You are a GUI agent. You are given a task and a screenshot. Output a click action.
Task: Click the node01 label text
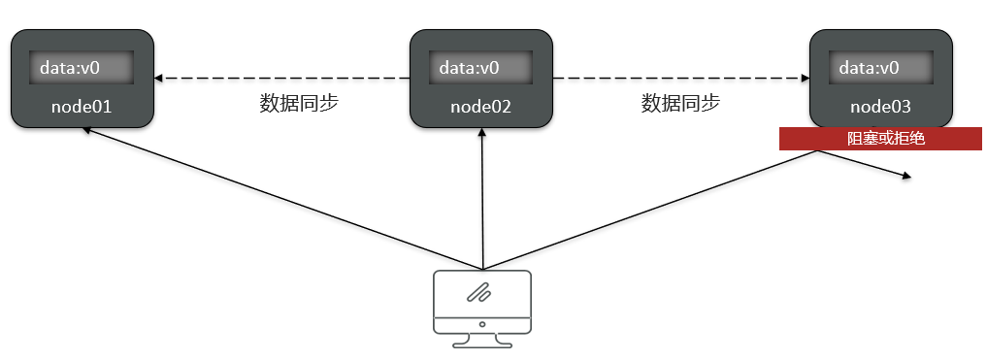coord(82,106)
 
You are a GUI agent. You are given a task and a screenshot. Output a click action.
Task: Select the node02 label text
coord(480,106)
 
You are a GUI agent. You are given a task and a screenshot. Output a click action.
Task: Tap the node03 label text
coord(880,106)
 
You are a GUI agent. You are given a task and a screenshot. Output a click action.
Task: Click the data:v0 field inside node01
coord(82,68)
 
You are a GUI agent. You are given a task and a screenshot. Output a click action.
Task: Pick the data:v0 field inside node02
coord(481,68)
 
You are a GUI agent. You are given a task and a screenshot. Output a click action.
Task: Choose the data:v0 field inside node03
coord(881,68)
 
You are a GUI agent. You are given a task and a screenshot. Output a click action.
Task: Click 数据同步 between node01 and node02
coord(299,104)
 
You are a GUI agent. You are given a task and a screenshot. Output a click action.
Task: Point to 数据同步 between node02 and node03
coord(680,104)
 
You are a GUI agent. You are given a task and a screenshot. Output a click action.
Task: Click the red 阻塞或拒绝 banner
coord(880,139)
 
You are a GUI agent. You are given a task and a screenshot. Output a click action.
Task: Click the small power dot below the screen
coord(481,323)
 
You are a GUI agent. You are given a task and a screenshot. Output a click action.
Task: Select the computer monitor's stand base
coord(481,344)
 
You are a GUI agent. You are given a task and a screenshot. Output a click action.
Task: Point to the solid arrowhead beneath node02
coord(481,133)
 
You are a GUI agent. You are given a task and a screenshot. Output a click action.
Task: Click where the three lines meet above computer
coord(481,269)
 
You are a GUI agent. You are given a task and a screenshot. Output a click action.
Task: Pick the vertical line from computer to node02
coord(481,204)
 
